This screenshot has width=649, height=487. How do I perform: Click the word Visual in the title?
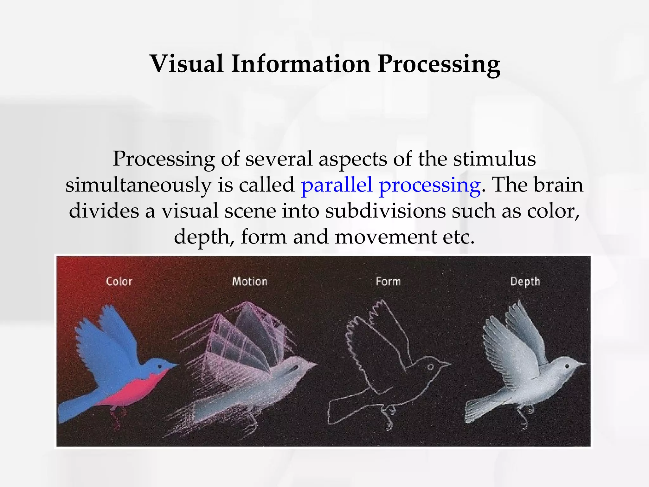[x=187, y=64]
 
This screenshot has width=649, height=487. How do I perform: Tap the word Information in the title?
[x=301, y=64]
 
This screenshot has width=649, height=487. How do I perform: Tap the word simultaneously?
[x=138, y=185]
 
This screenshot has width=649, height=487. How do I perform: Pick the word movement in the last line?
[x=386, y=237]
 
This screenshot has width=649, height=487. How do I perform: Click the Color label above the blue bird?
[x=119, y=282]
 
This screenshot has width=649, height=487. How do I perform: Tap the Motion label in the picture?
[x=250, y=282]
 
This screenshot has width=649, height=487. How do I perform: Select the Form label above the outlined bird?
[x=388, y=282]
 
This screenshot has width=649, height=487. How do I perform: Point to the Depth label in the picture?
[x=525, y=282]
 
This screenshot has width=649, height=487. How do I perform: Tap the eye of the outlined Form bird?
[x=430, y=367]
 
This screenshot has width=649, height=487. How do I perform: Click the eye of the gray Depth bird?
[x=567, y=367]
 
